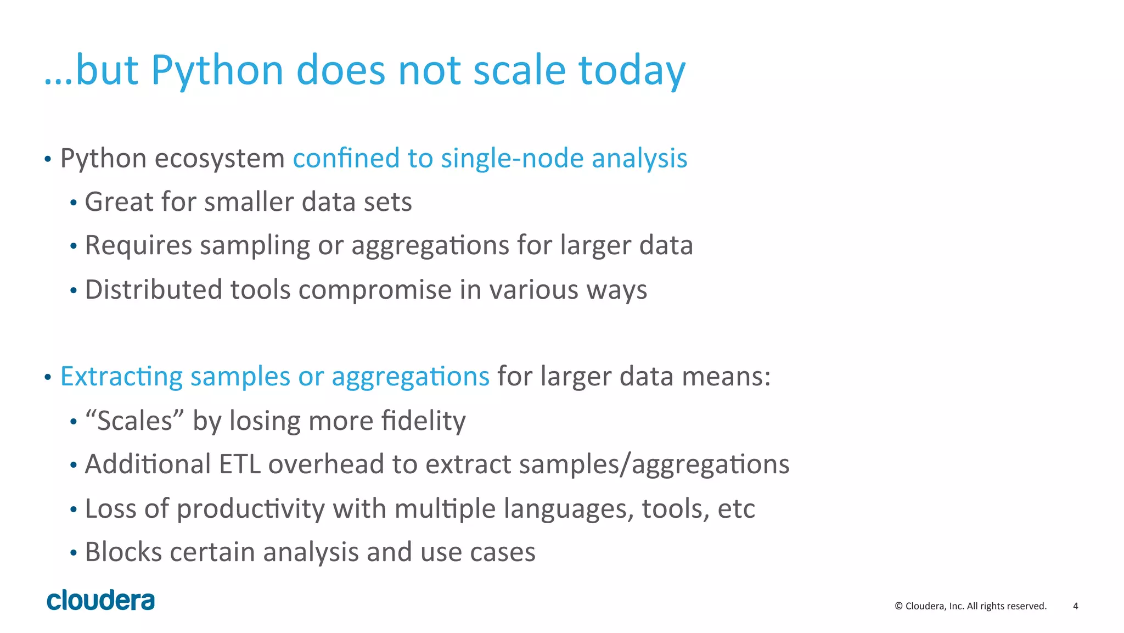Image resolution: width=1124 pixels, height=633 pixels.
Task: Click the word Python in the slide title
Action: tap(217, 71)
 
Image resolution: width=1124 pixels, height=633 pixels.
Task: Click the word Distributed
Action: tap(153, 289)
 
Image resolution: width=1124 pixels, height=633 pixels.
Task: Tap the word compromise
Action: tap(374, 290)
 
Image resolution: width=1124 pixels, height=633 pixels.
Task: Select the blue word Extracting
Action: tap(121, 377)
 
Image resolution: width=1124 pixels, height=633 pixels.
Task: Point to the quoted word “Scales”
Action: tap(134, 421)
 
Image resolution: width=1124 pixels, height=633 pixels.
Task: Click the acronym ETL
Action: tap(239, 464)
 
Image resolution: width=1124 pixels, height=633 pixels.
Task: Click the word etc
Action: tap(736, 509)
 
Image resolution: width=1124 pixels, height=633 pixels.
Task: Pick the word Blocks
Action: tap(123, 552)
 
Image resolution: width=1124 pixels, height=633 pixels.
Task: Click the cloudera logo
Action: tap(101, 601)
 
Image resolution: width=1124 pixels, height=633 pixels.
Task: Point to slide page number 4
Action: tap(1075, 606)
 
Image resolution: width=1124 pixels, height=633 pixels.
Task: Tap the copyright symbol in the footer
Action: tap(898, 606)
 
